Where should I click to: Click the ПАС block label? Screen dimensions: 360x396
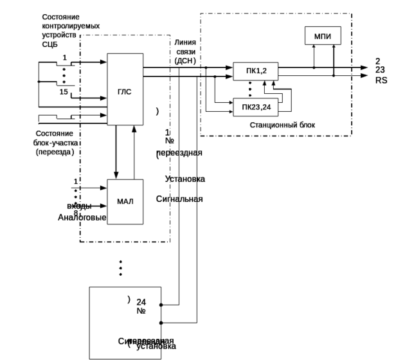(125, 93)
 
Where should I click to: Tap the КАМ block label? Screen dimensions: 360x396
(126, 202)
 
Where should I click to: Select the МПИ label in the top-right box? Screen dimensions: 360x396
(323, 37)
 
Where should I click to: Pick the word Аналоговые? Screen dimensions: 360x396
(82, 218)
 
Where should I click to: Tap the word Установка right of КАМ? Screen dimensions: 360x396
(185, 179)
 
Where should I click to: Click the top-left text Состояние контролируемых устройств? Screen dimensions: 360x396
(70, 30)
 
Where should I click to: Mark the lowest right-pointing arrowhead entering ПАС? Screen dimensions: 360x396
(104, 115)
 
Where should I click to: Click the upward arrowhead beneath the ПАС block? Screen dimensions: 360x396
(134, 129)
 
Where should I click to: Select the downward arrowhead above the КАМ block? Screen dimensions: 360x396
(116, 175)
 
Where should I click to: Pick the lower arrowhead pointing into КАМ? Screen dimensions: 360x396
(104, 206)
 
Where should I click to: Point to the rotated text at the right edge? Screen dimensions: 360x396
(380, 71)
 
